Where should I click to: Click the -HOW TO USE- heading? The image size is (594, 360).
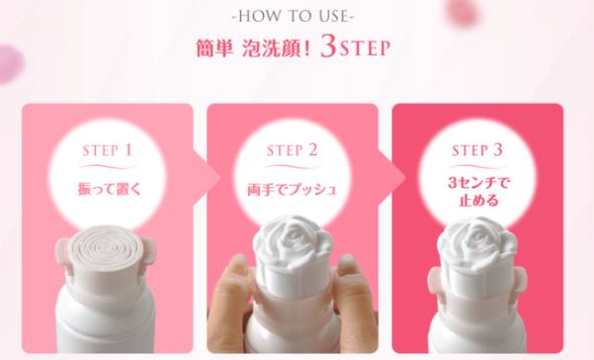click(x=293, y=16)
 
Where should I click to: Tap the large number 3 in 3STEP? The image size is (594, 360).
click(x=328, y=46)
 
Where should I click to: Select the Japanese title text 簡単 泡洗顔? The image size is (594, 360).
click(x=253, y=48)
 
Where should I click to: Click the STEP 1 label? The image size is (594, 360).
click(x=107, y=150)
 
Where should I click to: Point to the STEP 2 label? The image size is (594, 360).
click(x=293, y=150)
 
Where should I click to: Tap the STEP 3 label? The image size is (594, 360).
click(x=477, y=150)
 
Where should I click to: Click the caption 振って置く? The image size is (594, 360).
click(x=109, y=189)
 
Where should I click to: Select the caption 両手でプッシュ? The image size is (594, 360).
click(x=293, y=189)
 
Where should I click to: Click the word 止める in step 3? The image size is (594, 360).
click(x=478, y=200)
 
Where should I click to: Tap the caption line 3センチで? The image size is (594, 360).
click(x=478, y=183)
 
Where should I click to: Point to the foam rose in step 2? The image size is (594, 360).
click(x=293, y=242)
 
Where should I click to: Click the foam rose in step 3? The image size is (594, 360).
click(x=477, y=243)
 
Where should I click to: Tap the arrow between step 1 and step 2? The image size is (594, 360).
click(x=208, y=177)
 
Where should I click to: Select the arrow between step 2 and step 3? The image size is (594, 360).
click(x=392, y=177)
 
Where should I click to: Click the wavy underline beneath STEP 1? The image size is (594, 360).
click(x=108, y=167)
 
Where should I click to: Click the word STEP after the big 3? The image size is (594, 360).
click(x=365, y=48)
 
